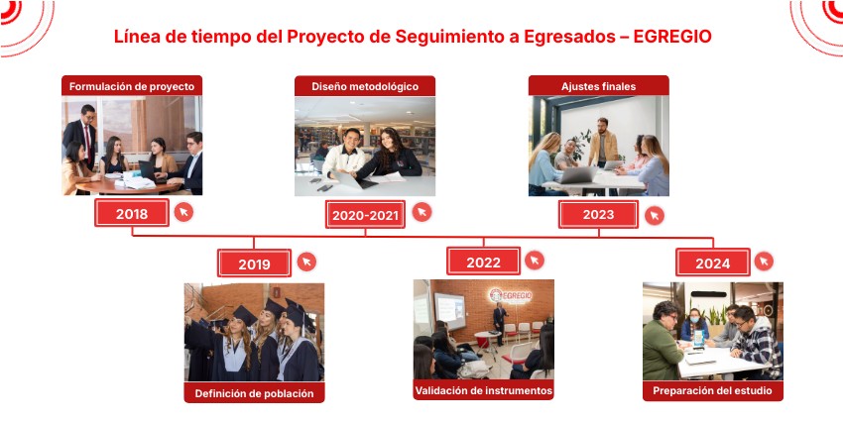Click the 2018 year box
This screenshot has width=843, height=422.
tap(132, 213)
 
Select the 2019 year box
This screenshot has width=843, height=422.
tap(254, 264)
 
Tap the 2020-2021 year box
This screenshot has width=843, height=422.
tap(365, 215)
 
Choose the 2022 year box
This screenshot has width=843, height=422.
tap(483, 262)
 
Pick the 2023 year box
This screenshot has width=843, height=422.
tap(598, 215)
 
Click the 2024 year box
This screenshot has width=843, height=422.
tap(713, 263)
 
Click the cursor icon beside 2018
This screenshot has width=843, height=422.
tap(183, 212)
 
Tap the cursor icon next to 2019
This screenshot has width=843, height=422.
tap(307, 262)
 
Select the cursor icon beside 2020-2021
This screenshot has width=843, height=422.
tap(422, 212)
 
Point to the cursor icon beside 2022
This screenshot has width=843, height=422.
tap(535, 261)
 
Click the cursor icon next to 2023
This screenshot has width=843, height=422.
tap(655, 215)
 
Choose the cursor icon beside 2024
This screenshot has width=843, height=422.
tap(764, 262)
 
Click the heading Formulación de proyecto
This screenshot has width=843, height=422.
tap(132, 86)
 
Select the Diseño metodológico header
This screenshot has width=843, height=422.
tap(365, 86)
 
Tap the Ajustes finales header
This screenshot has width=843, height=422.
tap(598, 86)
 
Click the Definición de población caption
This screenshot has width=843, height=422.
tap(254, 392)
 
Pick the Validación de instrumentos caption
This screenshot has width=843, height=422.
tap(483, 389)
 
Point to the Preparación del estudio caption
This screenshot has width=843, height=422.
tap(713, 390)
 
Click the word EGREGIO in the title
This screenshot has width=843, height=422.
tap(672, 37)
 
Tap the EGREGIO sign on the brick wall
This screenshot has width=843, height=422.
tap(510, 295)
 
